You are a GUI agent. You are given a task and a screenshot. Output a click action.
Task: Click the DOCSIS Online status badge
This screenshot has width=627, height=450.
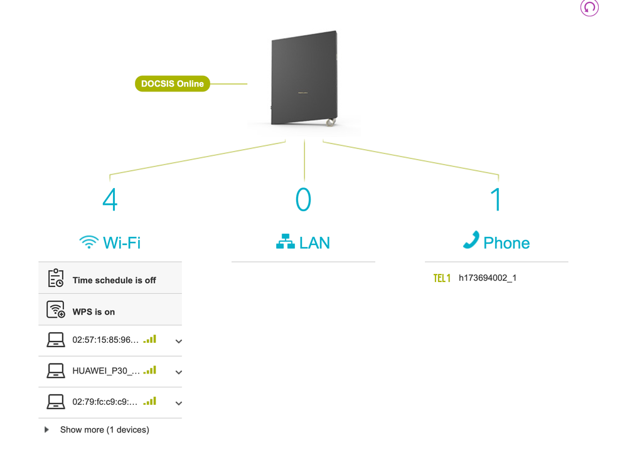(x=172, y=83)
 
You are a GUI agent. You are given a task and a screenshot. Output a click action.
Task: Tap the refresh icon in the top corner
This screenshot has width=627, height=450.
(x=589, y=8)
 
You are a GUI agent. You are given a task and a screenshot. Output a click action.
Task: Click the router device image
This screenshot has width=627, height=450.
(x=304, y=79)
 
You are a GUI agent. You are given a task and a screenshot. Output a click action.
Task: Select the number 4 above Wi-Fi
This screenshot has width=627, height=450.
(x=110, y=199)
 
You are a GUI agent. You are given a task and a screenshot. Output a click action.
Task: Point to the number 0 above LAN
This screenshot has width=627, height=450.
(x=303, y=199)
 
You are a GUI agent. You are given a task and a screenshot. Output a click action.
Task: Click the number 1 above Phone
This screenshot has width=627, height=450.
(x=496, y=199)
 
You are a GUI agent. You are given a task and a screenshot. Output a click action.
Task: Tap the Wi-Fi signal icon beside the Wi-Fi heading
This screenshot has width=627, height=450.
(x=88, y=243)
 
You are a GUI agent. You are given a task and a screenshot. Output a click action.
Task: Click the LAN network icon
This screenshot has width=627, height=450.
(x=286, y=242)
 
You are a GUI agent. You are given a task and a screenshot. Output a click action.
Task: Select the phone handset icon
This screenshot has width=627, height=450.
(x=471, y=240)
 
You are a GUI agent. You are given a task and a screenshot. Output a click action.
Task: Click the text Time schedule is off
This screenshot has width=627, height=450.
(x=114, y=280)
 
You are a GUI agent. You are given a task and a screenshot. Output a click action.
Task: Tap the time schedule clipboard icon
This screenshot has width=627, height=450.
(x=56, y=278)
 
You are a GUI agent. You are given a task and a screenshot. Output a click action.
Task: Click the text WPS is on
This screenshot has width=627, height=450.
(x=94, y=311)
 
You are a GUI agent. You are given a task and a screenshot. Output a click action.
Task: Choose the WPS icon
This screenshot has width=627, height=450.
(x=56, y=310)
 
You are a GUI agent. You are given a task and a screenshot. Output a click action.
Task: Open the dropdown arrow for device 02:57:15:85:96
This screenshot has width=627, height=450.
(x=179, y=342)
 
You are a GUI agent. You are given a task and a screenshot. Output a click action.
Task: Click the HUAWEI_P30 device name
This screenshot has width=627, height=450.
(x=106, y=370)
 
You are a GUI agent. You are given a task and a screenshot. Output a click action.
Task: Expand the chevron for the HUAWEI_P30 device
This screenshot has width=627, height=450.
(x=179, y=372)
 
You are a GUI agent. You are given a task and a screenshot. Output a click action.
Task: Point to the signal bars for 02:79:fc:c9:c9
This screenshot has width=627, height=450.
(x=149, y=401)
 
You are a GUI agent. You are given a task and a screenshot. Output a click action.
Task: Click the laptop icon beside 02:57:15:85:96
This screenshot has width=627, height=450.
(x=56, y=340)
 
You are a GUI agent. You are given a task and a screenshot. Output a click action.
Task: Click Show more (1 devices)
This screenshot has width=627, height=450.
(x=104, y=430)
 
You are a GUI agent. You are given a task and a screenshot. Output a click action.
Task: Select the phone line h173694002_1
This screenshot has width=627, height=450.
(x=488, y=278)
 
